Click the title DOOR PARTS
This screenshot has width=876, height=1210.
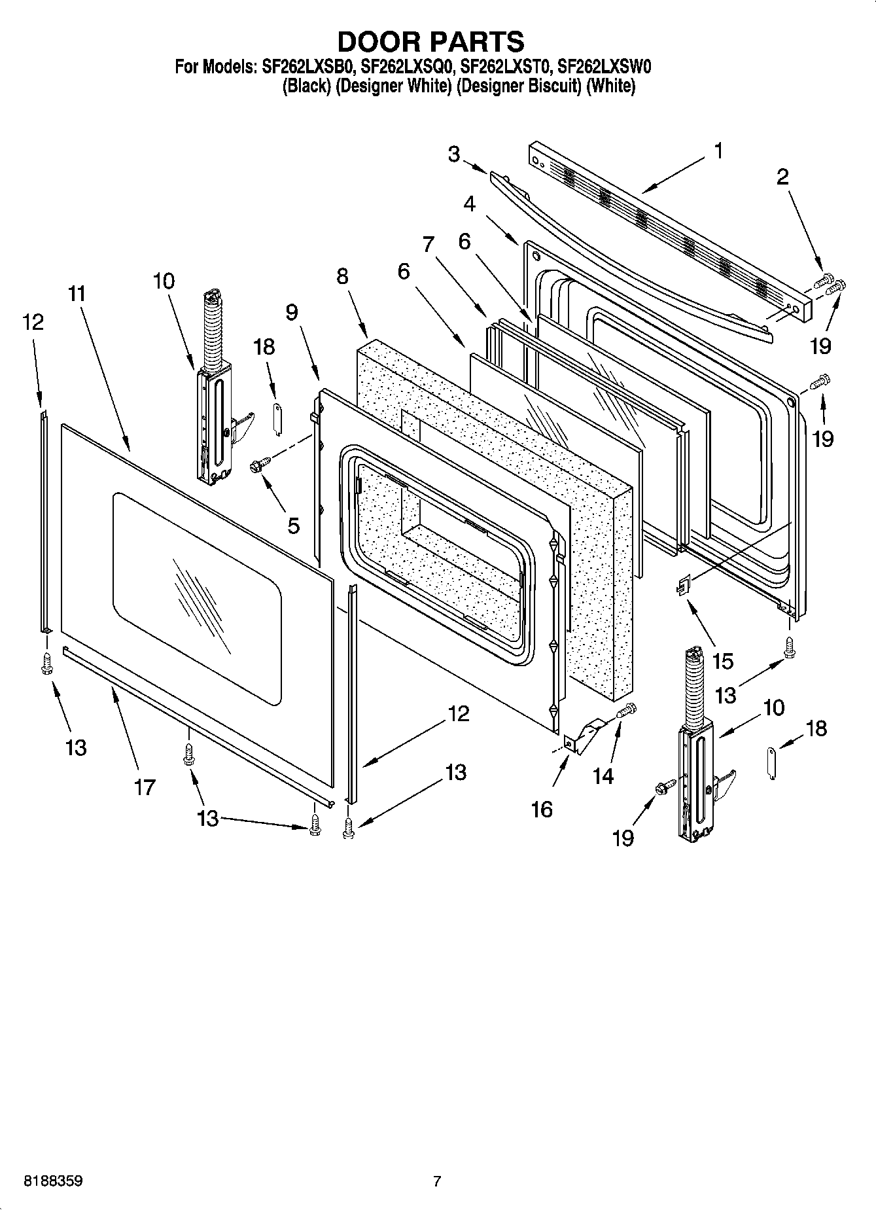pos(430,41)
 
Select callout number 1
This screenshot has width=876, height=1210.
pos(718,151)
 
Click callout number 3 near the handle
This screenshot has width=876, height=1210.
pos(454,154)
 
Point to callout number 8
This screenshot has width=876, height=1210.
pos(343,276)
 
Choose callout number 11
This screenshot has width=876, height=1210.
pos(77,294)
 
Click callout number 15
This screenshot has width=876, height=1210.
pos(723,661)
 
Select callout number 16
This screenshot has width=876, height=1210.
pos(542,809)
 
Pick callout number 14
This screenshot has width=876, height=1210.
pos(603,776)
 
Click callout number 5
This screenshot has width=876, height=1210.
pos(293,525)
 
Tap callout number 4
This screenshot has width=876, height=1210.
pos(469,204)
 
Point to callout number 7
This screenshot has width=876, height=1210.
pos(428,245)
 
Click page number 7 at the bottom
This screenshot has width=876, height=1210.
pos(437,1181)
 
